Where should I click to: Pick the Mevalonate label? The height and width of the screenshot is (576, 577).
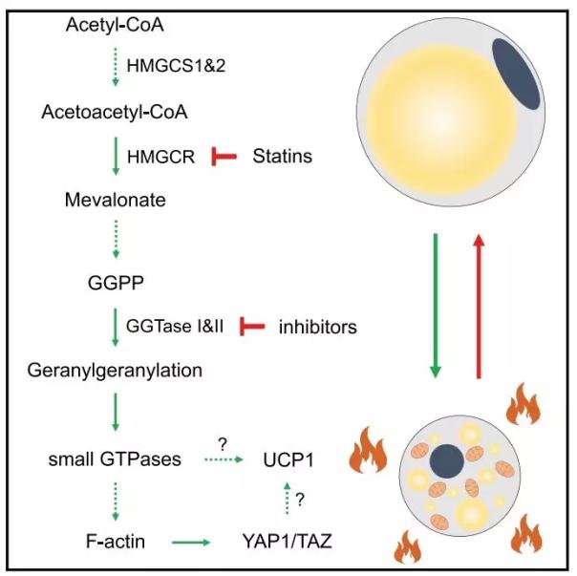point(109,203)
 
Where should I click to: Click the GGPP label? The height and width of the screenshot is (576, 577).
point(112,283)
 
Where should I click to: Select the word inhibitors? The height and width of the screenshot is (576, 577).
point(317,327)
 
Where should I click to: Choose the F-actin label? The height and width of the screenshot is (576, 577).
point(112,544)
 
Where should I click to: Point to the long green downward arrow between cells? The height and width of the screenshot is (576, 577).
point(436,307)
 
